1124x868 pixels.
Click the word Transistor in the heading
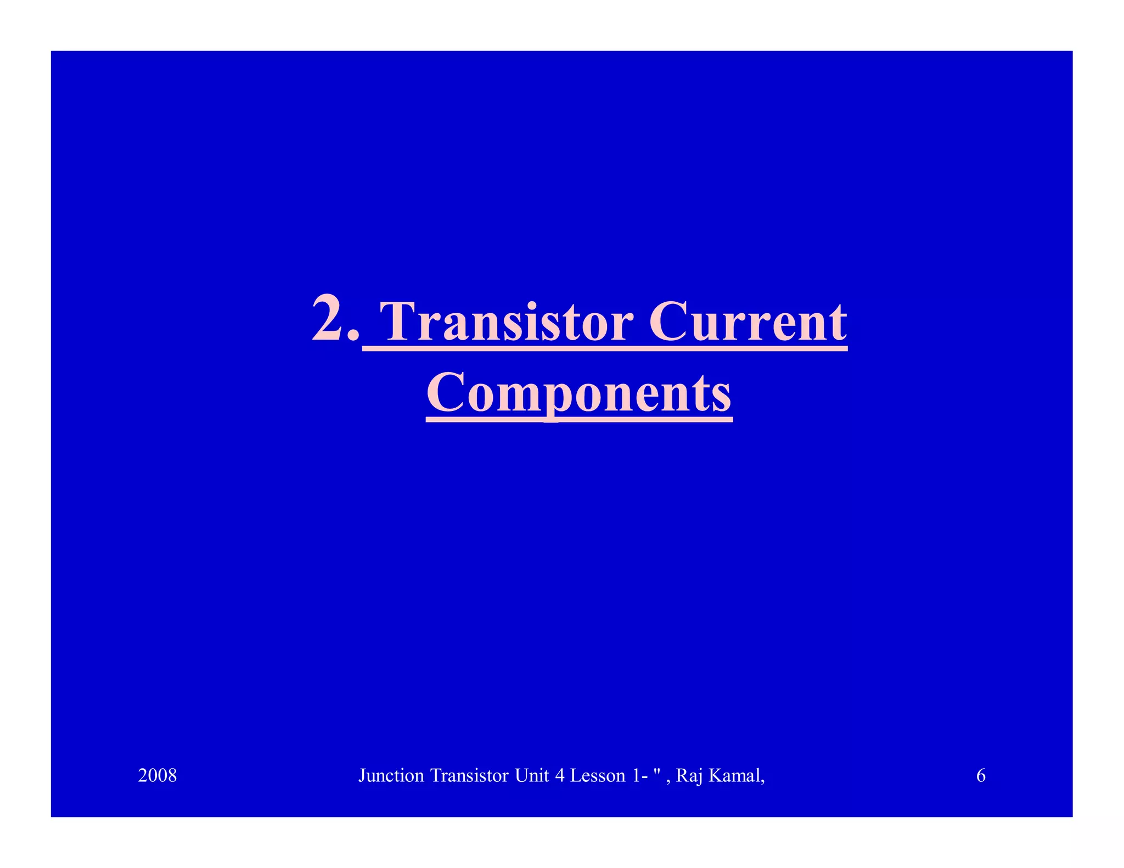tap(506, 322)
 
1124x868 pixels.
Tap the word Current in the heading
tap(748, 322)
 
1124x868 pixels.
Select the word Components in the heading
tap(579, 393)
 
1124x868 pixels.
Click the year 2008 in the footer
tap(158, 775)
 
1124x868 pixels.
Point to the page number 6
tap(981, 775)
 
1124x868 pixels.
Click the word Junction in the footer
tap(391, 776)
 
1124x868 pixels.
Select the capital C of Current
tap(667, 322)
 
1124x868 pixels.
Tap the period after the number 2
tap(355, 335)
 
